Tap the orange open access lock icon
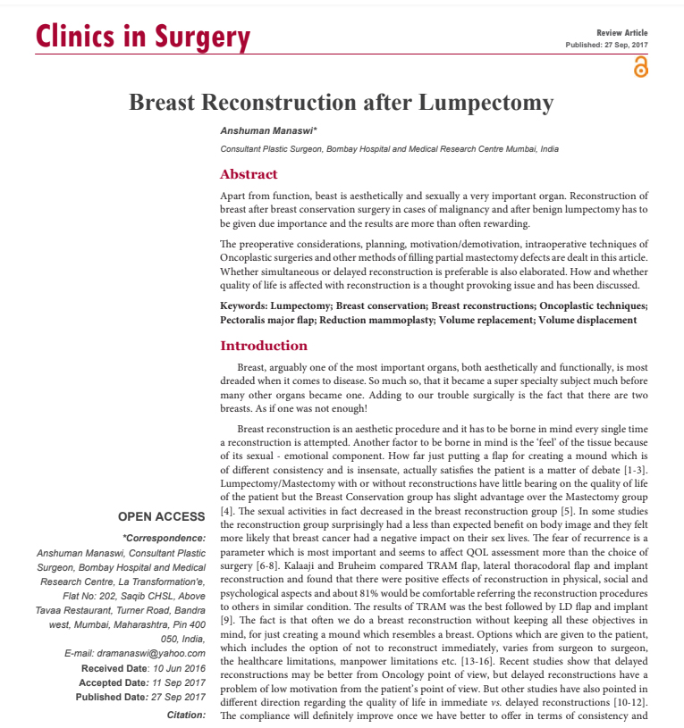639,67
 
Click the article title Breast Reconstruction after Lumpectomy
342,102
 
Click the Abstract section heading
249,174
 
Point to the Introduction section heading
264,346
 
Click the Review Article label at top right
622,32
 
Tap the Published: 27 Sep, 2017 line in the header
607,45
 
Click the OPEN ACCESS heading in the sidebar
161,516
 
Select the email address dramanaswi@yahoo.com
135,654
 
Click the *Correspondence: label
164,538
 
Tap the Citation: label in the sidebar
186,715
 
